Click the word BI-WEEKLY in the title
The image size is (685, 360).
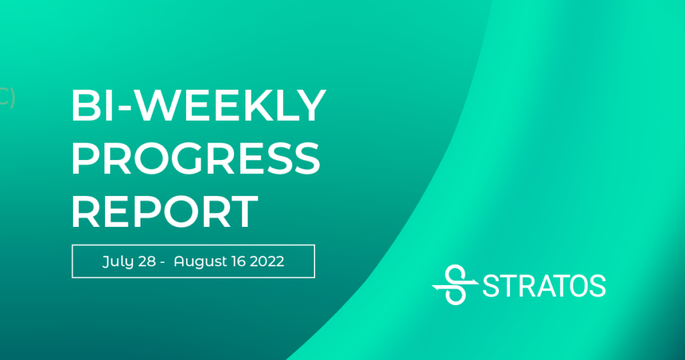198,105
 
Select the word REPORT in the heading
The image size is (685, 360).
165,211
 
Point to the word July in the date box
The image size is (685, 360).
112,262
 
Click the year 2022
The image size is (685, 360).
267,261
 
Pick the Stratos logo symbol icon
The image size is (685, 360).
455,284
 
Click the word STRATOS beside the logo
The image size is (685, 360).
544,286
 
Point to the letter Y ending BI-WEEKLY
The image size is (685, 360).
310,105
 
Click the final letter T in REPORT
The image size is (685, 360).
243,211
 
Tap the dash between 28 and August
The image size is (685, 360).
162,262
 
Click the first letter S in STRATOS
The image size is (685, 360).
491,286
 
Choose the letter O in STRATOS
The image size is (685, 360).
575,286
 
